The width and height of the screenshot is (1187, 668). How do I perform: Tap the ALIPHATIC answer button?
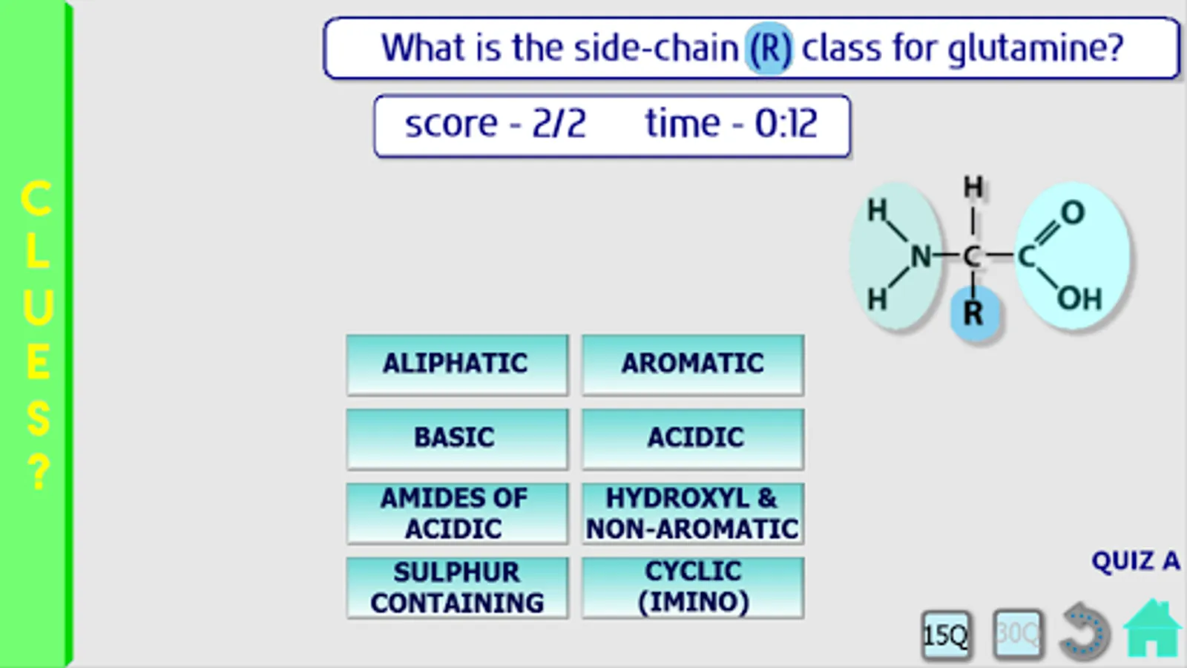tap(457, 364)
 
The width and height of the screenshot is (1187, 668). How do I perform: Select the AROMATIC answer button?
tap(693, 364)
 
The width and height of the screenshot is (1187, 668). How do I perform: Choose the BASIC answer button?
tap(457, 439)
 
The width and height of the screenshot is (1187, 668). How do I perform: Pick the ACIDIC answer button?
tap(693, 439)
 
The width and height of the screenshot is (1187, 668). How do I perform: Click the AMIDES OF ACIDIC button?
tap(457, 513)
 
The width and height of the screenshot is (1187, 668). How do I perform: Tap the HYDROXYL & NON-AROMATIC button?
tap(693, 513)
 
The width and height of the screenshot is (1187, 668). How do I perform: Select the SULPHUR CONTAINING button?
tap(457, 587)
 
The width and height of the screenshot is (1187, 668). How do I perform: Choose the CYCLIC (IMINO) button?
tap(693, 587)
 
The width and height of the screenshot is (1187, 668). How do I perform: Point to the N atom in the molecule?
tap(921, 257)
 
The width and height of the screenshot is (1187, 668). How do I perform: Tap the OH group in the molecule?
tap(1080, 298)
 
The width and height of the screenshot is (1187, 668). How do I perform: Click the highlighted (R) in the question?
tap(769, 48)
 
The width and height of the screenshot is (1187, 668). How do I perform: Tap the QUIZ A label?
tap(1136, 561)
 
